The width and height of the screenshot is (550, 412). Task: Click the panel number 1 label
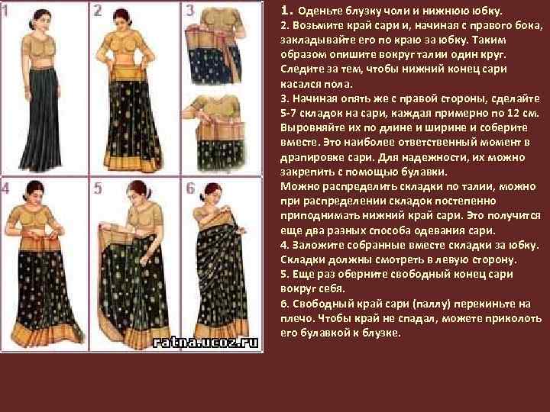5,11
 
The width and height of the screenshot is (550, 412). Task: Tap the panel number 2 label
98,11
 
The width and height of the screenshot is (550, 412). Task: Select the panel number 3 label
189,11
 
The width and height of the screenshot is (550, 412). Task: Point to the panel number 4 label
5,188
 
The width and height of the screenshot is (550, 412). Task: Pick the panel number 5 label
98,188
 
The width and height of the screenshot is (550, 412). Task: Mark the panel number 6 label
190,188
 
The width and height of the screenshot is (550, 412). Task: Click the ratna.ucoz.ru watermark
205,342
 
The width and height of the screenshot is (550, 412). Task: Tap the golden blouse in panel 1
39,51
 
